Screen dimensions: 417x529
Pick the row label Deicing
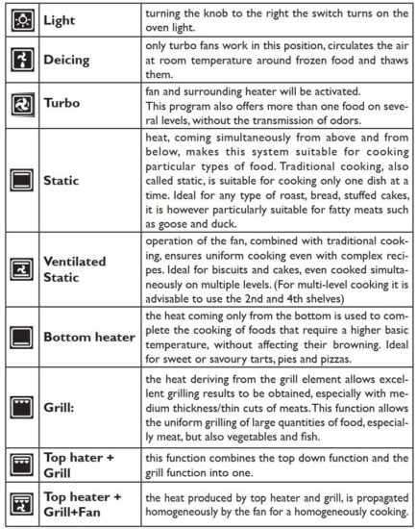68,60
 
